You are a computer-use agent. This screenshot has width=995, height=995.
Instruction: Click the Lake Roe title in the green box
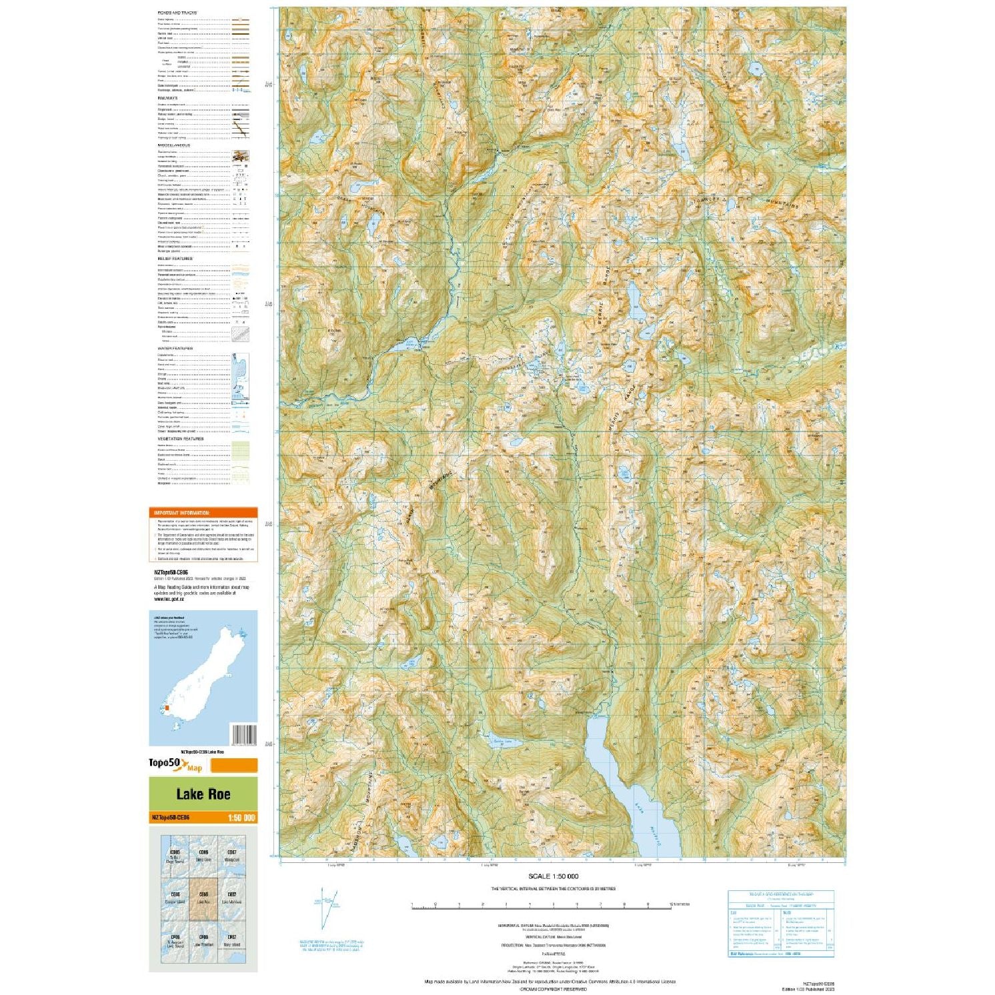coord(203,794)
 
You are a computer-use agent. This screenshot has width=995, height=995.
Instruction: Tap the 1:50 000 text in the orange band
coord(241,818)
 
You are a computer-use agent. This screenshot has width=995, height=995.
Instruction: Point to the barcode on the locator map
coord(243,734)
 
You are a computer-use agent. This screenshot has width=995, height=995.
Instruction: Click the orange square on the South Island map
coord(167,708)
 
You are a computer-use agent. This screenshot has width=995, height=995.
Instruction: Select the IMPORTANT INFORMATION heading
coord(178,513)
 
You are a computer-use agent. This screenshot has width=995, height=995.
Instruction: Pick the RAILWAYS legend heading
coord(167,98)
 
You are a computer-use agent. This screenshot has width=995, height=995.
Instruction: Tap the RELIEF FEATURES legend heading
coord(175,258)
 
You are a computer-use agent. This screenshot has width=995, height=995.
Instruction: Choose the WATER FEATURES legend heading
coord(175,348)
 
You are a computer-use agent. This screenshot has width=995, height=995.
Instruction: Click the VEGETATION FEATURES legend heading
coord(180,439)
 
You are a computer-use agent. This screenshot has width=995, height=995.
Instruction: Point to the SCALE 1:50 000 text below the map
coord(553,876)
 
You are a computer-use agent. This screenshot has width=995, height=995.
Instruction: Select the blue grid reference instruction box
coord(781,924)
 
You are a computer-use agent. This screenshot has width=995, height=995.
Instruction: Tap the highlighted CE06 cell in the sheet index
coord(203,897)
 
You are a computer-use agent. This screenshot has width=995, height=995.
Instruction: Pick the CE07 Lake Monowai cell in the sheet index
coord(231,897)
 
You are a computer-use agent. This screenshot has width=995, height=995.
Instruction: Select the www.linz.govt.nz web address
coord(169,599)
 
